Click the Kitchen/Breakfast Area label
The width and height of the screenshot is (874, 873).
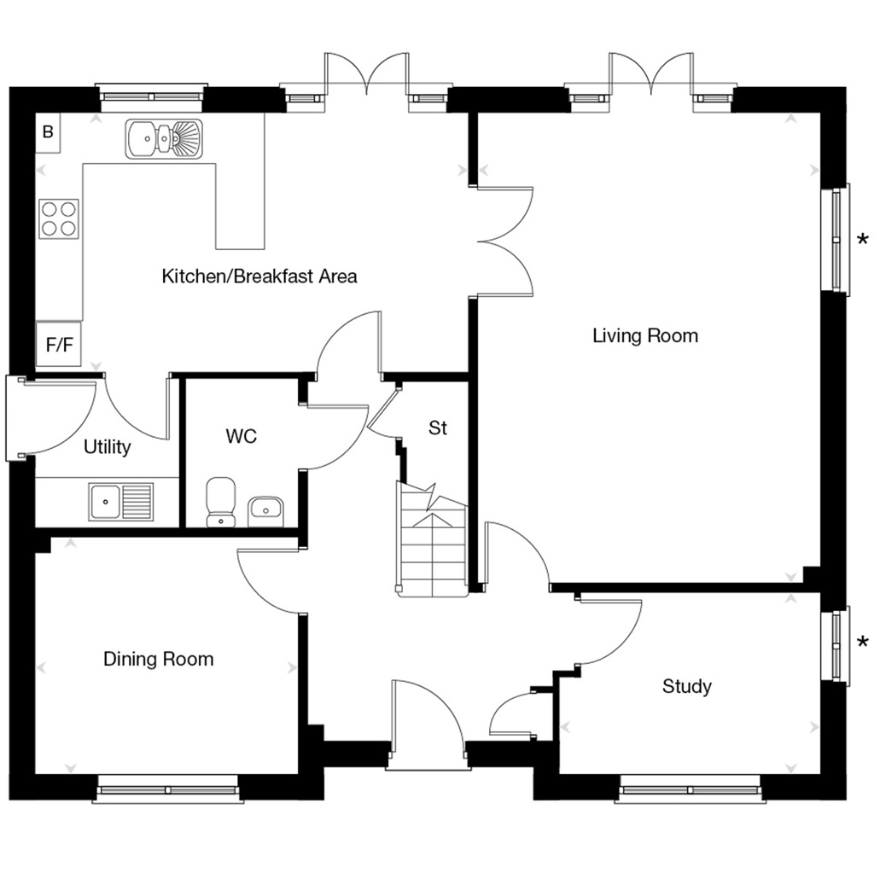click(x=259, y=276)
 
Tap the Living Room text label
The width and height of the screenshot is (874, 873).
click(x=644, y=335)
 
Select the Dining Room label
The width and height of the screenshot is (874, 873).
click(x=158, y=659)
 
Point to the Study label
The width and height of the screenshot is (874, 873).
click(x=686, y=686)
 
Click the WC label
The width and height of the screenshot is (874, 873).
click(x=241, y=437)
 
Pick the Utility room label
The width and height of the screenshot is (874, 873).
click(x=108, y=447)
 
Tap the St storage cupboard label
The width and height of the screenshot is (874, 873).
click(x=437, y=428)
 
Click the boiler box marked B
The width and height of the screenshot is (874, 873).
click(x=48, y=132)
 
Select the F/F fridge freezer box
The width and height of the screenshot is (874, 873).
click(x=59, y=346)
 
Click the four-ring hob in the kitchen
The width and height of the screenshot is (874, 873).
click(x=59, y=218)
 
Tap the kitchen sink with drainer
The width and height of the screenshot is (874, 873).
click(x=165, y=139)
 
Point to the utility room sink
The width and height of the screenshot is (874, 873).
click(x=121, y=501)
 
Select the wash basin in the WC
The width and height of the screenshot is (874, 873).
click(x=265, y=511)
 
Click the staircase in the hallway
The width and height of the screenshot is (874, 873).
click(x=431, y=539)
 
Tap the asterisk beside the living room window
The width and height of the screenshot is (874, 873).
click(x=863, y=240)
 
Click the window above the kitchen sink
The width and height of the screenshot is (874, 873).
click(x=152, y=96)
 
